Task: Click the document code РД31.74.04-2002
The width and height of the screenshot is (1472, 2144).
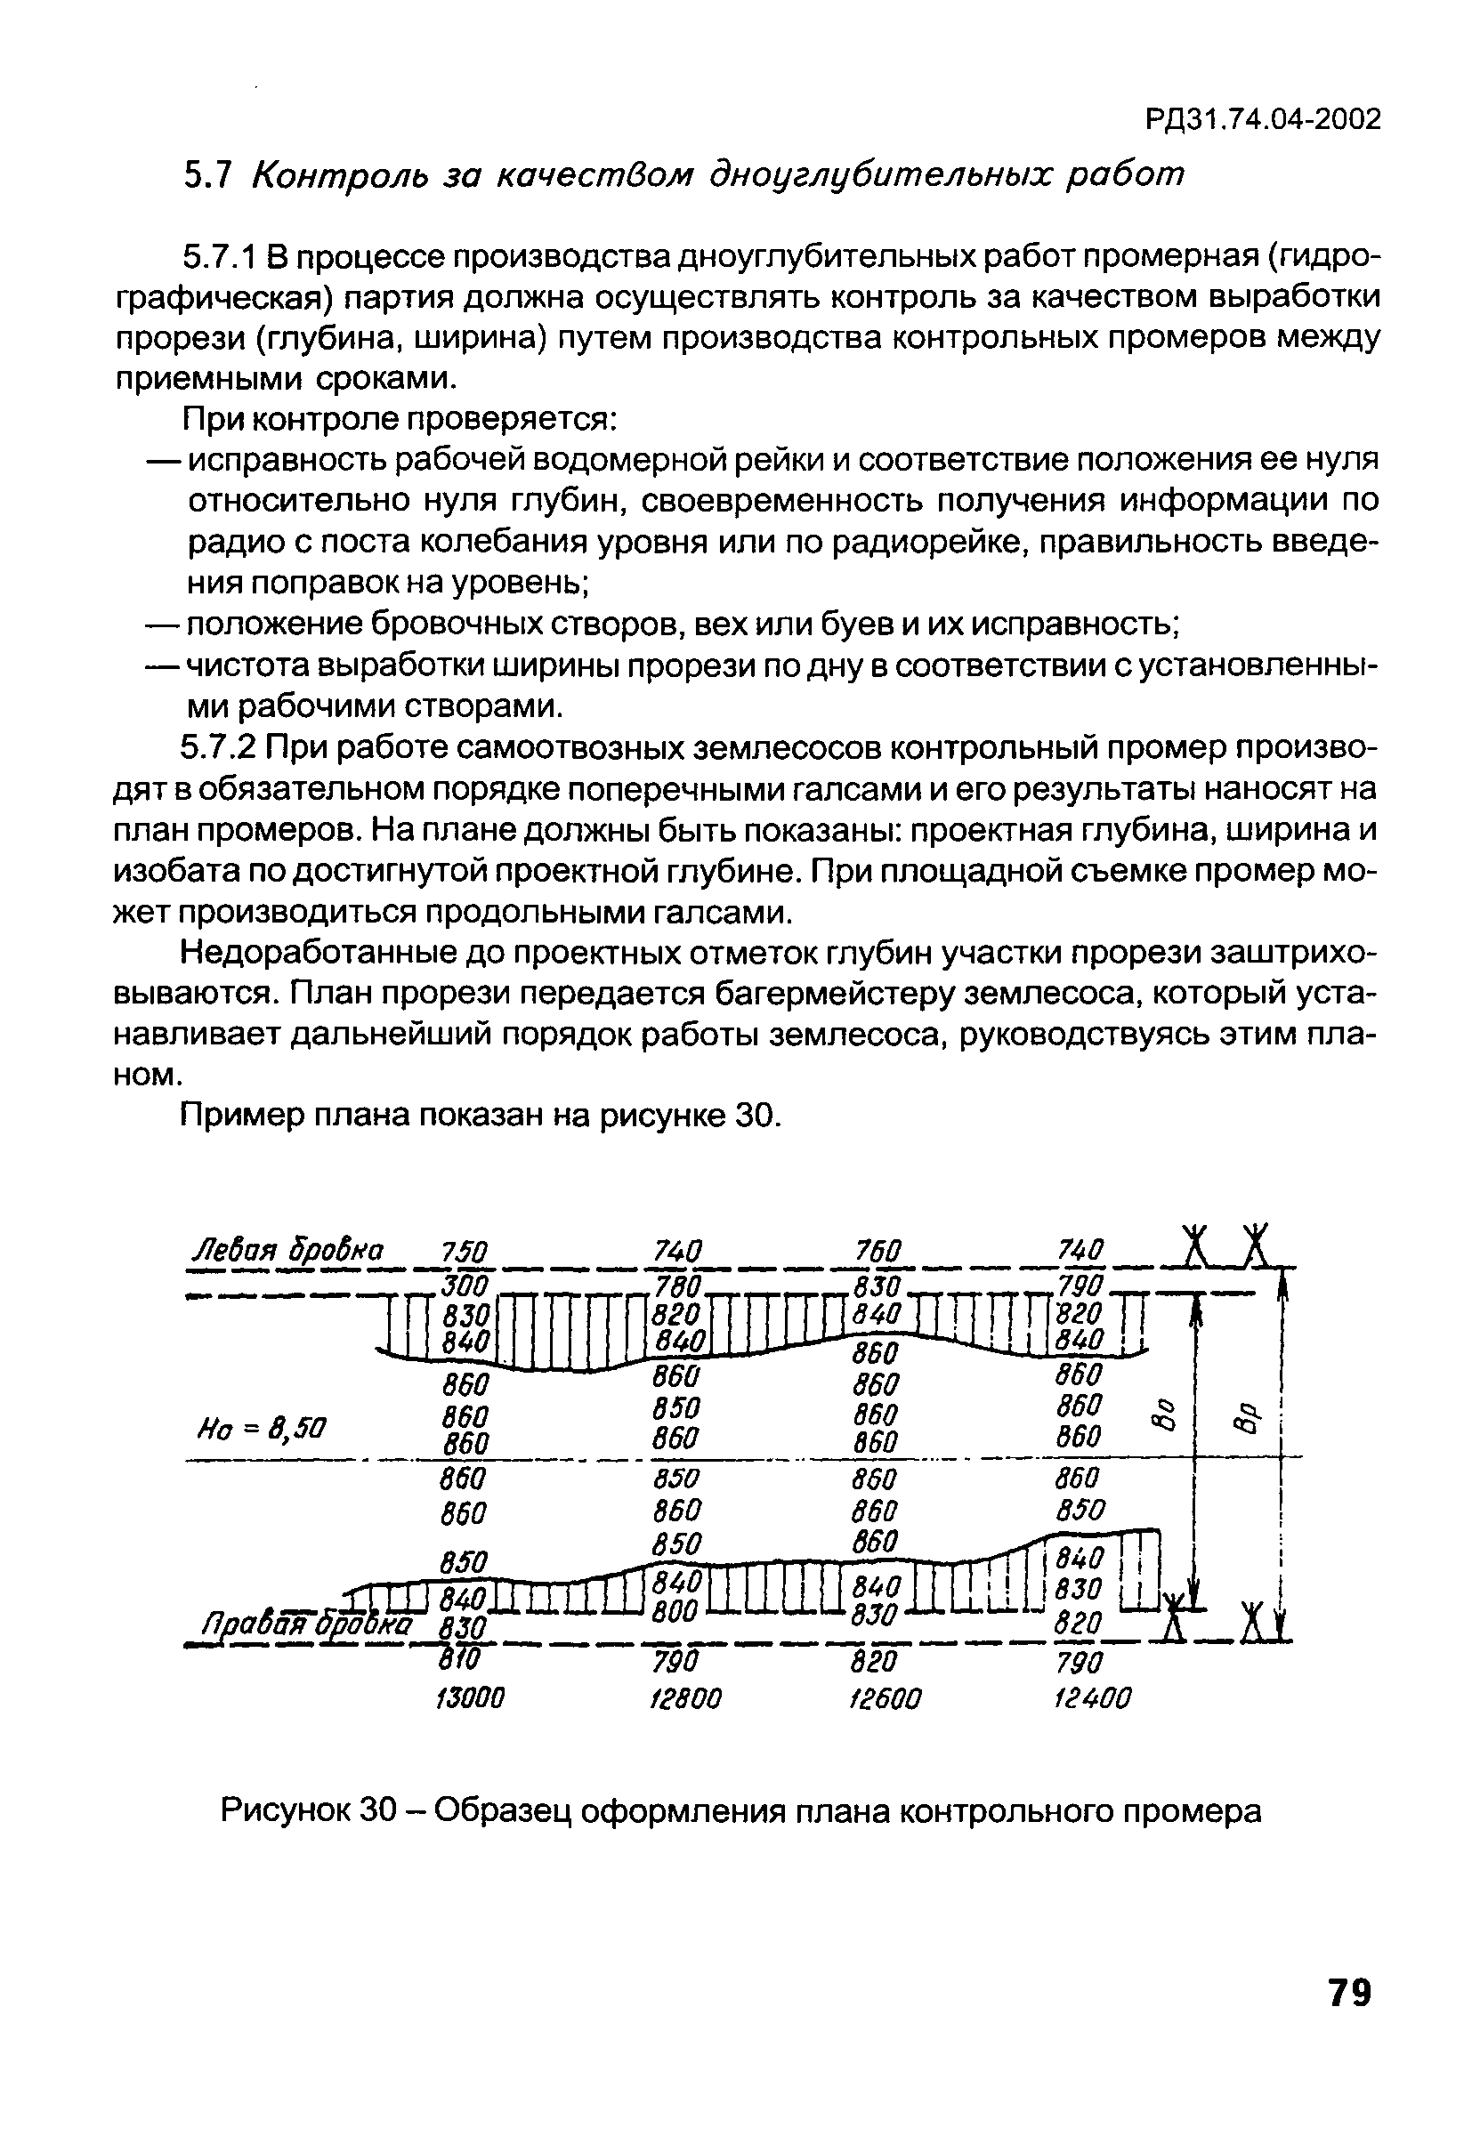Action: tap(1263, 120)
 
